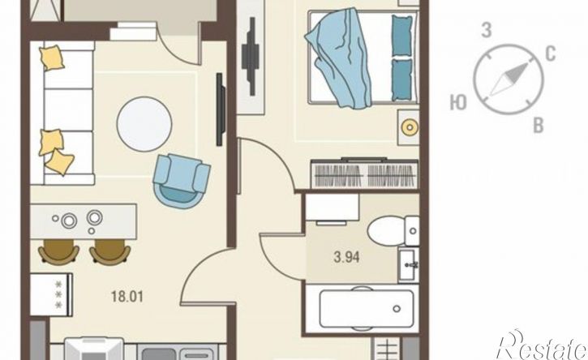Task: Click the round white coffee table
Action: tap(144, 124)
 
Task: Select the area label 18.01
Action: tap(127, 297)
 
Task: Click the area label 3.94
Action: tap(346, 257)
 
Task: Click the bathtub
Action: tap(363, 309)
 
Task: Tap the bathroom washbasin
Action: tap(409, 265)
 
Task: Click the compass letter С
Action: tap(550, 54)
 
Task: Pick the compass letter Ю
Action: tap(458, 102)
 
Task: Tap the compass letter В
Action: tap(539, 126)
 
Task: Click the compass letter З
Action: tap(487, 30)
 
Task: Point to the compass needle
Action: tap(509, 79)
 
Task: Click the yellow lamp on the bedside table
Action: tap(410, 127)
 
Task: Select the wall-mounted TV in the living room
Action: tap(221, 109)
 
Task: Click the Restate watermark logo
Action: tap(541, 346)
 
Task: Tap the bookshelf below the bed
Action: tap(364, 174)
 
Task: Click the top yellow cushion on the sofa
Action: tap(52, 58)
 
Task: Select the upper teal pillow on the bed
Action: tap(402, 35)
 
